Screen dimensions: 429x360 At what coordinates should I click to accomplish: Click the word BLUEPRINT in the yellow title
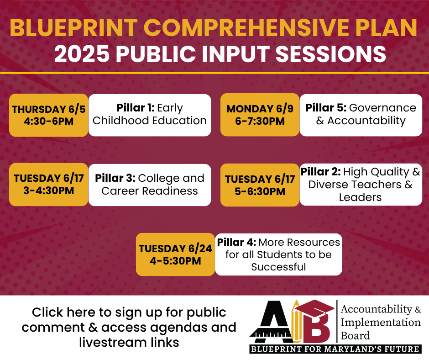pos(74,27)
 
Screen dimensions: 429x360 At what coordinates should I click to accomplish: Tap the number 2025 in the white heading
pos(82,53)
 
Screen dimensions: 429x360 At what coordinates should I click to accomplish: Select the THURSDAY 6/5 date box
pos(49,115)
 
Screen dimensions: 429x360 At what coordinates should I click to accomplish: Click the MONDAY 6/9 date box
pos(260,115)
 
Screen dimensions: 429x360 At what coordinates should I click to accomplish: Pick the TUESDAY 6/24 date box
pos(175,254)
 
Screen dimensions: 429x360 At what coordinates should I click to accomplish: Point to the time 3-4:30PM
pos(49,191)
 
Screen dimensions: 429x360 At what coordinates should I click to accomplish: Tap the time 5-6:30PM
pos(260,191)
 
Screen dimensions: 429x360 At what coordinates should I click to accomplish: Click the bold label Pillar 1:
pos(136,108)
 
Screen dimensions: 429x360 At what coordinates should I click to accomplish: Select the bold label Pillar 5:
pos(326,108)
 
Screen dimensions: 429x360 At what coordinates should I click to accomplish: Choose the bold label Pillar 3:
pos(115,178)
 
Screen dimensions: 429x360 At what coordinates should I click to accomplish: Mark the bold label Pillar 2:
pos(321,172)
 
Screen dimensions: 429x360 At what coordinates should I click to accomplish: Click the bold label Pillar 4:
pos(237,242)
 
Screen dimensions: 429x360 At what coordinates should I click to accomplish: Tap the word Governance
pos(382,108)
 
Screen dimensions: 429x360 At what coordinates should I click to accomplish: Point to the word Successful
pos(278,267)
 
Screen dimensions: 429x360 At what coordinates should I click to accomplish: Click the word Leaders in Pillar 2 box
pos(360,197)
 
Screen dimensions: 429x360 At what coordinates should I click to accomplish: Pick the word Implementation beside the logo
pos(381,323)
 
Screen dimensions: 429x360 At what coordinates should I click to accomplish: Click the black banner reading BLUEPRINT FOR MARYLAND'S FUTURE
pos(335,349)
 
